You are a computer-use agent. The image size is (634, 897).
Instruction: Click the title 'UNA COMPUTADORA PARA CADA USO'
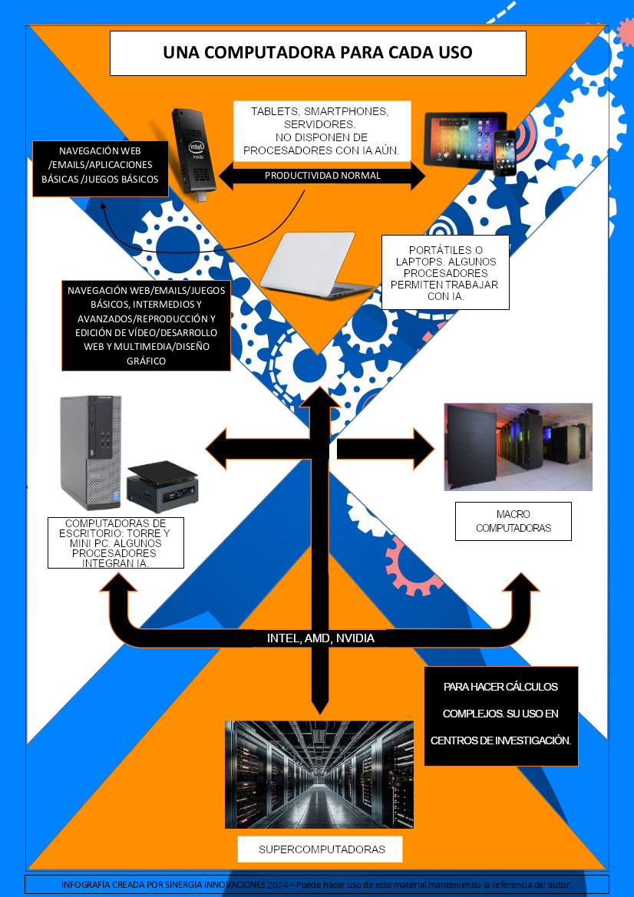[x=318, y=53]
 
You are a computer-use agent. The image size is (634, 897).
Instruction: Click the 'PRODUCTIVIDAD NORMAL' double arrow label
[x=322, y=176]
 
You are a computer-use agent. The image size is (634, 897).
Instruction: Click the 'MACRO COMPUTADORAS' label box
[x=513, y=521]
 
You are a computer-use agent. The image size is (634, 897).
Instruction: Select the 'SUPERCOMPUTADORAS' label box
[x=321, y=849]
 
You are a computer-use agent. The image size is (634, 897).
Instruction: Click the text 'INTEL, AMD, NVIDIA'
[x=321, y=638]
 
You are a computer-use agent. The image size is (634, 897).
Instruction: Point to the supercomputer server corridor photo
[x=319, y=773]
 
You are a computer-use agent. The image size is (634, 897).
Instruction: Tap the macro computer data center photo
[x=518, y=447]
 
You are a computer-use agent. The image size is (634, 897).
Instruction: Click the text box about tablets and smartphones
[x=322, y=130]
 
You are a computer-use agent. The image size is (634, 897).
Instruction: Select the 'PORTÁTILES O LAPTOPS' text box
[x=445, y=272]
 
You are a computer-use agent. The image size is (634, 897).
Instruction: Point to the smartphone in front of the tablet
[x=504, y=152]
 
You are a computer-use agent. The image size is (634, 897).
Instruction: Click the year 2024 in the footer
[x=278, y=885]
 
